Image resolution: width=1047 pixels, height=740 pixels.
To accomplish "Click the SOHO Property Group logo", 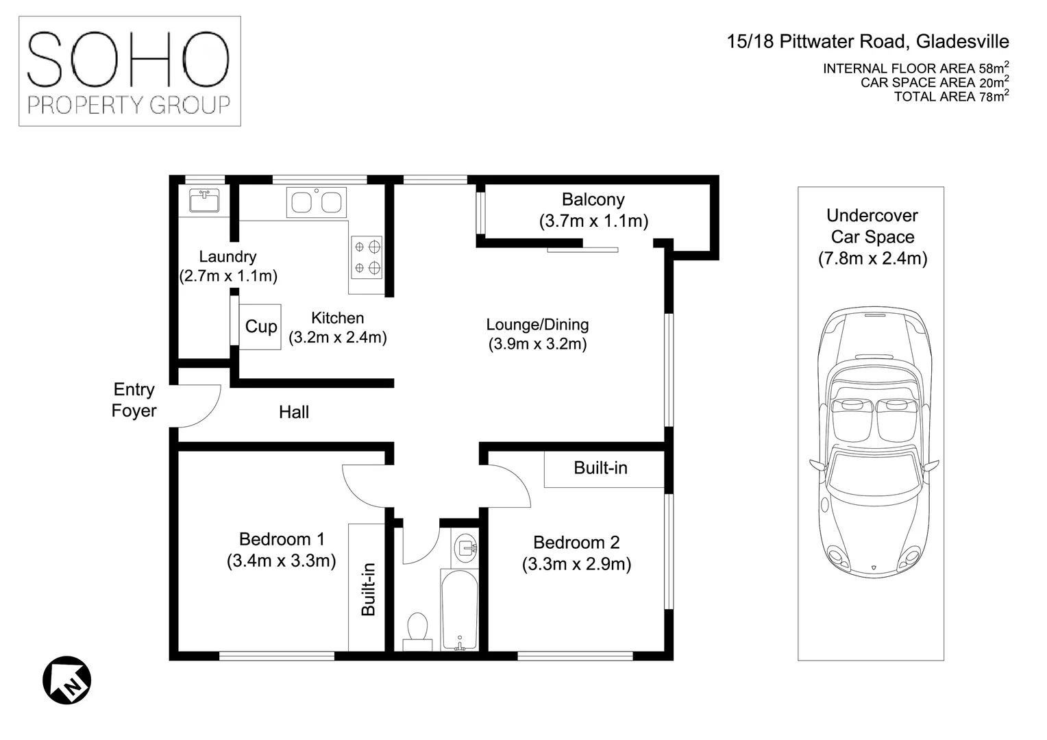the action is [x=130, y=71].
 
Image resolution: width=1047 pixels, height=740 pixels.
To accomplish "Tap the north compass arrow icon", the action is [x=67, y=680].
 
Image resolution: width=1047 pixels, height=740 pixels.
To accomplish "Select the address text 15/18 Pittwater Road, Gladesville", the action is [x=868, y=42].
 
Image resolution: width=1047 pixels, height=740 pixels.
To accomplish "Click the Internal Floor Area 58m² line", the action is [x=916, y=68].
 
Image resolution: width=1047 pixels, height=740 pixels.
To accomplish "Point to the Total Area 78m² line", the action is [x=952, y=97].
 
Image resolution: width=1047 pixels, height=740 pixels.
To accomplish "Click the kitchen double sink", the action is [x=317, y=202].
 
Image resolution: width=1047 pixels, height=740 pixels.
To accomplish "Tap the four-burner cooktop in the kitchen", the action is [x=367, y=258].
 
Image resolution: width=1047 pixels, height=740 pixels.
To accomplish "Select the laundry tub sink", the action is [x=204, y=201].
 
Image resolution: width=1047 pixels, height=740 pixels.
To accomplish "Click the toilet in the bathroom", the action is [x=417, y=631].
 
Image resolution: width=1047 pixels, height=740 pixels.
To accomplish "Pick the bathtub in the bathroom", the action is [x=460, y=610].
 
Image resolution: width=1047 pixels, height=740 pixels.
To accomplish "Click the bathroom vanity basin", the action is [x=465, y=550].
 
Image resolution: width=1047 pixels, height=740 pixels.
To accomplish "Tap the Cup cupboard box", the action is [x=260, y=327].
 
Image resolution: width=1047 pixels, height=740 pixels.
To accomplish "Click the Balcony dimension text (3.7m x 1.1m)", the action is [x=593, y=221].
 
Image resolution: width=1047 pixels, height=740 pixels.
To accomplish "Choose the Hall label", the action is [x=294, y=412].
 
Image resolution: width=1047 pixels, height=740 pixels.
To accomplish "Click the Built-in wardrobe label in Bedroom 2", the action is [x=601, y=467].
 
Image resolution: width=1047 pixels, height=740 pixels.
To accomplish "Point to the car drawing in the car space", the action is [x=874, y=443].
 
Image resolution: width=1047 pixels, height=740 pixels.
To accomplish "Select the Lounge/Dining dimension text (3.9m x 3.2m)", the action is [x=537, y=343].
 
